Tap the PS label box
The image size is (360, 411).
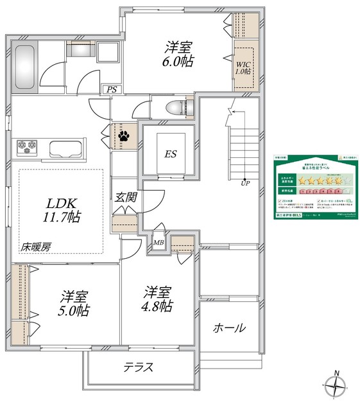click(112, 89)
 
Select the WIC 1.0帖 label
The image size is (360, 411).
click(243, 67)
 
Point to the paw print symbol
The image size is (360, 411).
click(122, 136)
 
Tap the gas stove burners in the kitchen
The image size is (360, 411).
click(28, 147)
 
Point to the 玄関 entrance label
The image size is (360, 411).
click(125, 198)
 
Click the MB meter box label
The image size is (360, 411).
click(158, 243)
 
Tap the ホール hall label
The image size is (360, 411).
click(228, 328)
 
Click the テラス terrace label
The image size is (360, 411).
click(138, 368)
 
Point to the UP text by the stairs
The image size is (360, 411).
click(245, 184)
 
